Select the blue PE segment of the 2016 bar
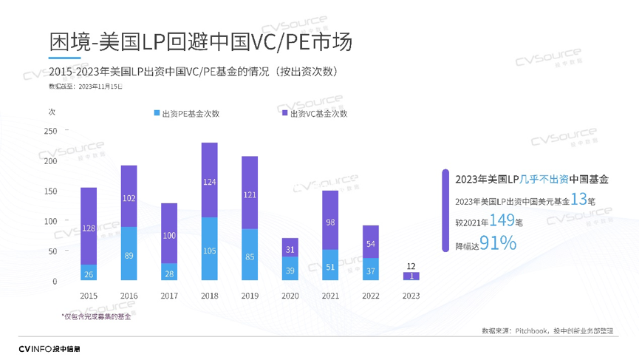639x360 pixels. [x=129, y=254]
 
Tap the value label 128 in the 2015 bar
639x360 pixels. [x=89, y=228]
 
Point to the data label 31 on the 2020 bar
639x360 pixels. [x=289, y=250]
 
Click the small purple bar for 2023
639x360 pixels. [x=411, y=276]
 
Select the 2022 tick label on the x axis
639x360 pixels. [x=370, y=294]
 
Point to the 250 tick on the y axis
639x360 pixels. [x=51, y=132]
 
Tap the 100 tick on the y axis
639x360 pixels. [x=51, y=222]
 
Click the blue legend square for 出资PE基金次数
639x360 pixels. [x=157, y=113]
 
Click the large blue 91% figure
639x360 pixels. [x=498, y=242]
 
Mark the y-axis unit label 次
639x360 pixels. [x=52, y=112]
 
